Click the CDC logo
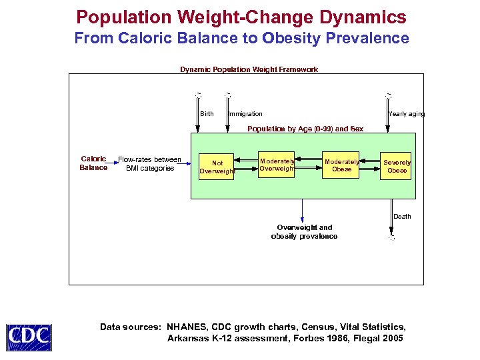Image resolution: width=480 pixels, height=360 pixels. [29, 337]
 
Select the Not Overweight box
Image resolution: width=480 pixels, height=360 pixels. [217, 167]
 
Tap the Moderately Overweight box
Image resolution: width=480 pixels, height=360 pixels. [277, 165]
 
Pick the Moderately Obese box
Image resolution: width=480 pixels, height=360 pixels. [341, 165]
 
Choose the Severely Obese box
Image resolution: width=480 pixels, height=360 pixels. [397, 166]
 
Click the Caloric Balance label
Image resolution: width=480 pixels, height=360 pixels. [93, 163]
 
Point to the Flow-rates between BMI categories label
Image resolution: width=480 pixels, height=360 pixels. [149, 163]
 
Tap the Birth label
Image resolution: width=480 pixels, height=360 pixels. [207, 114]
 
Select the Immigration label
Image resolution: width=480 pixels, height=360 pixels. [245, 114]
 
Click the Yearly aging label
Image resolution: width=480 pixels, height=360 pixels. [406, 114]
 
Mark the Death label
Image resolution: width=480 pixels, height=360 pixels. [402, 217]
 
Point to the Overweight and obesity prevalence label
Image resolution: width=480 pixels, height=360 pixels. [304, 232]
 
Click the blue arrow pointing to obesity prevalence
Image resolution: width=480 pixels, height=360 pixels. [303, 211]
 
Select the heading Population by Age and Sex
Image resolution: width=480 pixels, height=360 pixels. [305, 129]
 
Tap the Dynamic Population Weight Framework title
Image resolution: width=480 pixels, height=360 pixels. [249, 69]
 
